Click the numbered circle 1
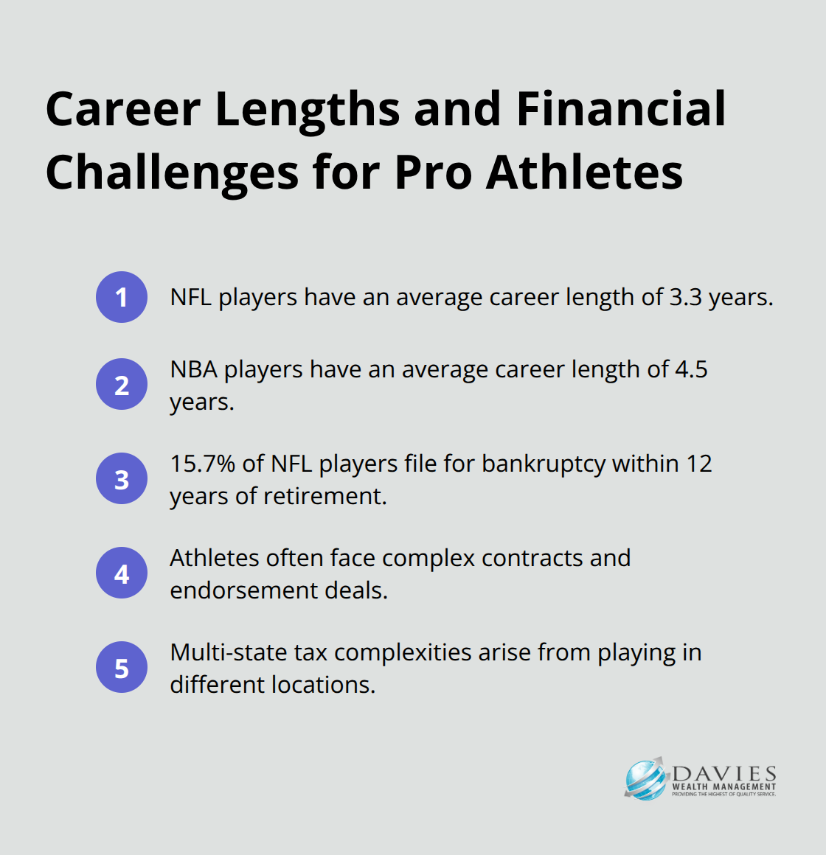tap(122, 297)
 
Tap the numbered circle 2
tap(122, 385)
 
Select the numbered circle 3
tap(122, 479)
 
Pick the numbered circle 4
tap(122, 573)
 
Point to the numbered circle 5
tap(122, 668)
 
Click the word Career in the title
tap(123, 109)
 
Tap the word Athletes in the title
tap(584, 172)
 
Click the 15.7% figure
tap(203, 464)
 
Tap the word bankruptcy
tap(544, 464)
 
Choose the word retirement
tap(324, 496)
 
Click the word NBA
tap(194, 369)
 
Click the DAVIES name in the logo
tap(724, 774)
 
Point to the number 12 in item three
tap(699, 464)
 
